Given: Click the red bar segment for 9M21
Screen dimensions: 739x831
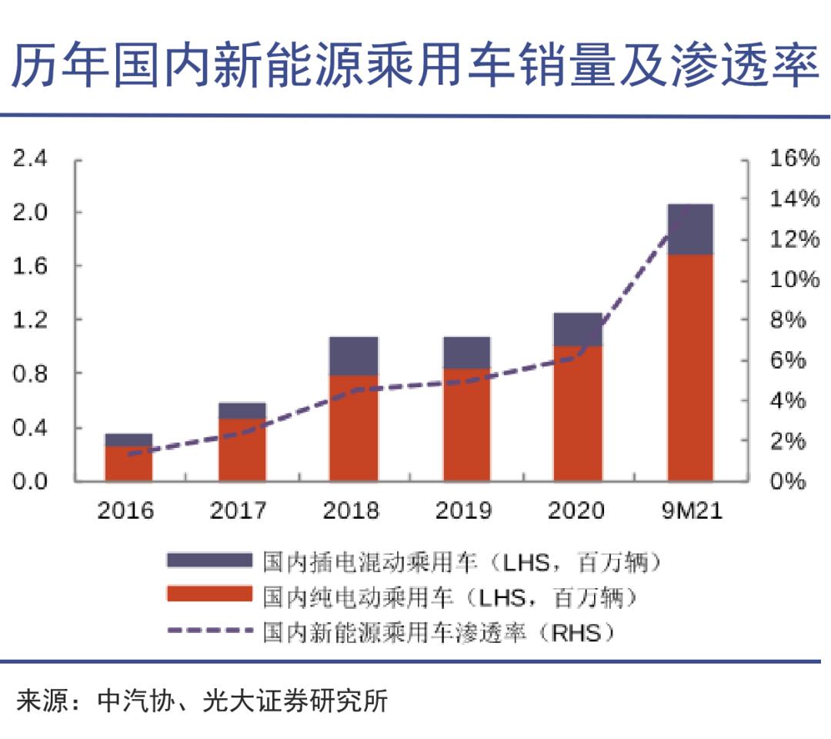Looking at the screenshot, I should (690, 368).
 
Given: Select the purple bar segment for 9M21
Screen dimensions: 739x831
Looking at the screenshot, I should (690, 229).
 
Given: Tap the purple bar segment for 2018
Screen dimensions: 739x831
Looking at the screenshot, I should (353, 356).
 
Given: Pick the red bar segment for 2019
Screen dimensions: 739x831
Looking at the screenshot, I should (466, 425).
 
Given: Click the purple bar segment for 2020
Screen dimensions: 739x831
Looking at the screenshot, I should (578, 329).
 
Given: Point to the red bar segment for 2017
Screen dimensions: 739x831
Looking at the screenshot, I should (242, 450).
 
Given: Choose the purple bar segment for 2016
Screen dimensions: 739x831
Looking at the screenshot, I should (129, 440).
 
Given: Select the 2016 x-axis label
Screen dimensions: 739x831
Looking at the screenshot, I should (125, 510).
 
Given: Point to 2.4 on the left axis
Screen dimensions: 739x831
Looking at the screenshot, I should (31, 159).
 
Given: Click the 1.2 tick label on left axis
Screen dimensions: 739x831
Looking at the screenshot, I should (31, 320).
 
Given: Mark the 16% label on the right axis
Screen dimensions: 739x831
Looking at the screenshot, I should (794, 159).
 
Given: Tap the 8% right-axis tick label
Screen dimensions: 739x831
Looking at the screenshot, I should (788, 320).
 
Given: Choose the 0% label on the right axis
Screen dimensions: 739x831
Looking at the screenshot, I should (788, 482).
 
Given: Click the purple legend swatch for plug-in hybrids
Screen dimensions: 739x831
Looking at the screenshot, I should (209, 560).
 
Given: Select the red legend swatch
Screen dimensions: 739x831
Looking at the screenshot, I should (209, 594).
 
